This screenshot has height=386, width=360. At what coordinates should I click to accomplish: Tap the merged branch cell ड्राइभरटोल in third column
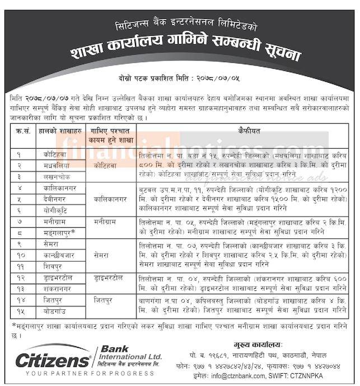(111, 277)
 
